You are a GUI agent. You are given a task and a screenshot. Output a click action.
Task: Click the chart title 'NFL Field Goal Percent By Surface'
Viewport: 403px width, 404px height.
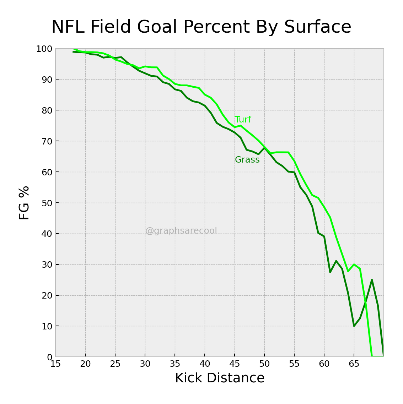[x=201, y=27]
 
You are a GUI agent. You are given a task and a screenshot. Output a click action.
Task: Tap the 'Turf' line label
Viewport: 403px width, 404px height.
[x=243, y=120]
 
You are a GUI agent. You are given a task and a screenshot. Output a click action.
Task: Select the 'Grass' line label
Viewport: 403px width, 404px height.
[x=247, y=160]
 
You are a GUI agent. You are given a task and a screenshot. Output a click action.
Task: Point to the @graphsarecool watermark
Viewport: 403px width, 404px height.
[x=181, y=231]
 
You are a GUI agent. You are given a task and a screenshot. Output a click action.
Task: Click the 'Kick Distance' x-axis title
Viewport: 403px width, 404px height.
[x=220, y=378]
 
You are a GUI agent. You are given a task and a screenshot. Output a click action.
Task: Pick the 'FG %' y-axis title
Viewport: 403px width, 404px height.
[x=24, y=203]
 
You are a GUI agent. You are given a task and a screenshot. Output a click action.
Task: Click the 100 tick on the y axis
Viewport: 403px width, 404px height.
[x=44, y=49]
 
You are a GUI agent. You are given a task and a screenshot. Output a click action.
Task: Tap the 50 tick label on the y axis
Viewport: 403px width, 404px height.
[x=46, y=203]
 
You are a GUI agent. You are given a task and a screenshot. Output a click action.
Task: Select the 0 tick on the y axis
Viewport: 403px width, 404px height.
[x=49, y=357]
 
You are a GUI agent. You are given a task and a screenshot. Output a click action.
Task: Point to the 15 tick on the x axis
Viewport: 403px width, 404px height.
[x=55, y=364]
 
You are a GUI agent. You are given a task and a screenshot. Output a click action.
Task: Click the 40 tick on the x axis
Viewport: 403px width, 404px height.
[x=205, y=364]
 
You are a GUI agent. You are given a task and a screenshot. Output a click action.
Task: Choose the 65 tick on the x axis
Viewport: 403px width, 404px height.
[x=354, y=364]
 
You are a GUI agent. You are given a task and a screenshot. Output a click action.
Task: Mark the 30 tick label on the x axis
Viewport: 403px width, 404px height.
[x=145, y=364]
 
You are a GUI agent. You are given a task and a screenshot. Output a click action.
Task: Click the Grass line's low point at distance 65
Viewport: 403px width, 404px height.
[x=354, y=326]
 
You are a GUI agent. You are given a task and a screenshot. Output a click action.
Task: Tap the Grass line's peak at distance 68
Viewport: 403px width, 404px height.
[x=372, y=280]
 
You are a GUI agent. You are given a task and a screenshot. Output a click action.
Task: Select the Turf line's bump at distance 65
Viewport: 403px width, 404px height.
[x=354, y=264]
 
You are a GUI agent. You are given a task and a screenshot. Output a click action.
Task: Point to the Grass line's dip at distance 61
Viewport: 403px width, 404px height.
[x=330, y=272]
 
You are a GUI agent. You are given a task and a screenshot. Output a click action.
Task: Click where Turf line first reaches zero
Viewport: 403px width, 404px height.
[x=372, y=356]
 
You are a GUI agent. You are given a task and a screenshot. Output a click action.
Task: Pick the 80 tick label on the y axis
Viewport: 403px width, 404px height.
[x=46, y=110]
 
